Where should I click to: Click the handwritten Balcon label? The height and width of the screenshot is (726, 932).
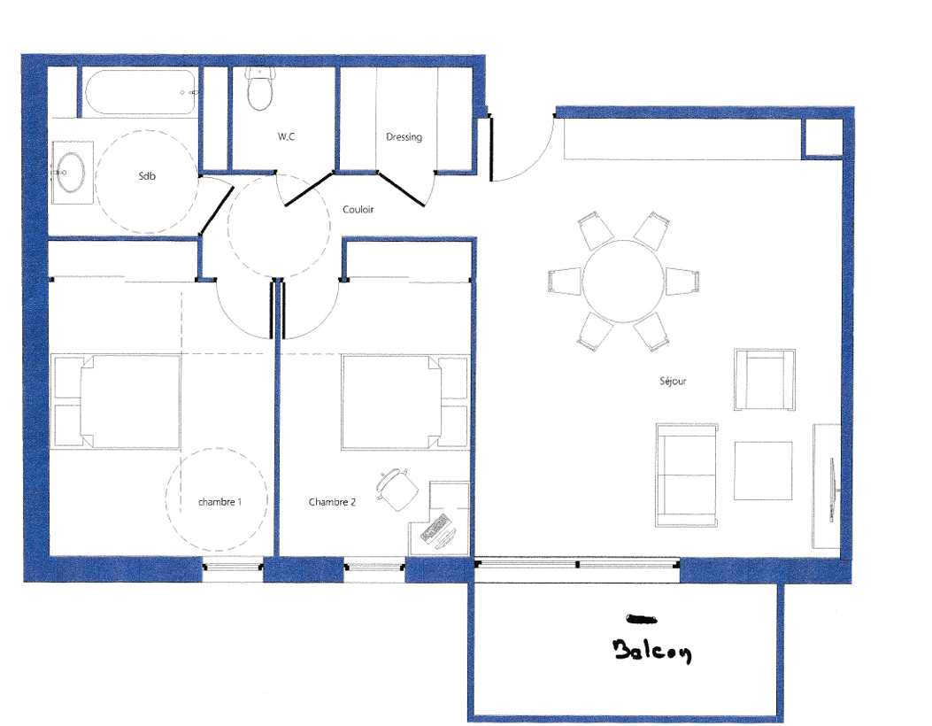pos(652,651)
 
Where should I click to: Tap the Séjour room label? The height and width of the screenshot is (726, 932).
pos(673,381)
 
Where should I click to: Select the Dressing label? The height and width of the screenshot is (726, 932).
pos(404,136)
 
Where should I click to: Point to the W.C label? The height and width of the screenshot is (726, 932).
pos(286,136)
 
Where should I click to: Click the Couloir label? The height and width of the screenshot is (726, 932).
pos(358,209)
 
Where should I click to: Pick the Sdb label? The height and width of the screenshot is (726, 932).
pos(147,176)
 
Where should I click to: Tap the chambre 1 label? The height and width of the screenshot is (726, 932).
pos(220,502)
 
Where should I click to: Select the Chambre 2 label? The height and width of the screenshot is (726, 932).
pos(332,502)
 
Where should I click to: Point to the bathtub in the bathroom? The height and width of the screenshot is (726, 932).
pos(141,92)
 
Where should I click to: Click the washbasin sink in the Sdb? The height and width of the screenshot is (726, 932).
pos(72,173)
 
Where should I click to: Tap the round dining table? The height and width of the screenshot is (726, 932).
pos(623,281)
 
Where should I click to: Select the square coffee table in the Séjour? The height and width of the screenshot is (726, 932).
pos(763,470)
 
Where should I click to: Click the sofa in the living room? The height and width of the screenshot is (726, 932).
pos(686,475)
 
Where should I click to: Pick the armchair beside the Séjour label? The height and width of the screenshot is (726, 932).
pos(765,379)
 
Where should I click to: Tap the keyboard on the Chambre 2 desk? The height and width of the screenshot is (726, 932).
pos(434,528)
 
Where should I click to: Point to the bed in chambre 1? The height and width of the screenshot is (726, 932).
pos(116,401)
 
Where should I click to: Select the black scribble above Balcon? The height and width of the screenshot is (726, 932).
pos(642,620)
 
